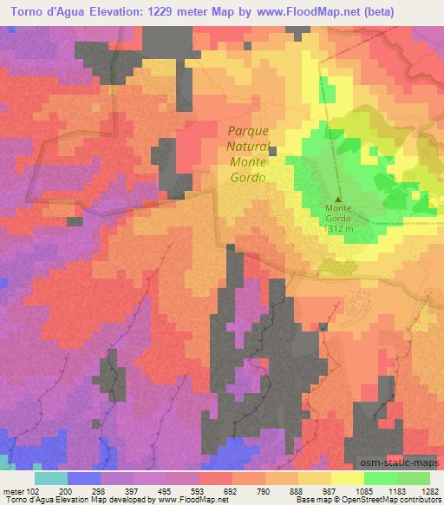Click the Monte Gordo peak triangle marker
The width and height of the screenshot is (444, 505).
pos(337,199)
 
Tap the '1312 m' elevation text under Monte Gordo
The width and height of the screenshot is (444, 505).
pos(336,229)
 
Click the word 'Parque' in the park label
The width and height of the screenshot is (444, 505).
pos(247,131)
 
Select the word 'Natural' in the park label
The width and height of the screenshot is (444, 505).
pos(247,146)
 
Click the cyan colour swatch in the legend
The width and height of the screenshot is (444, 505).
pos(50,477)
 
